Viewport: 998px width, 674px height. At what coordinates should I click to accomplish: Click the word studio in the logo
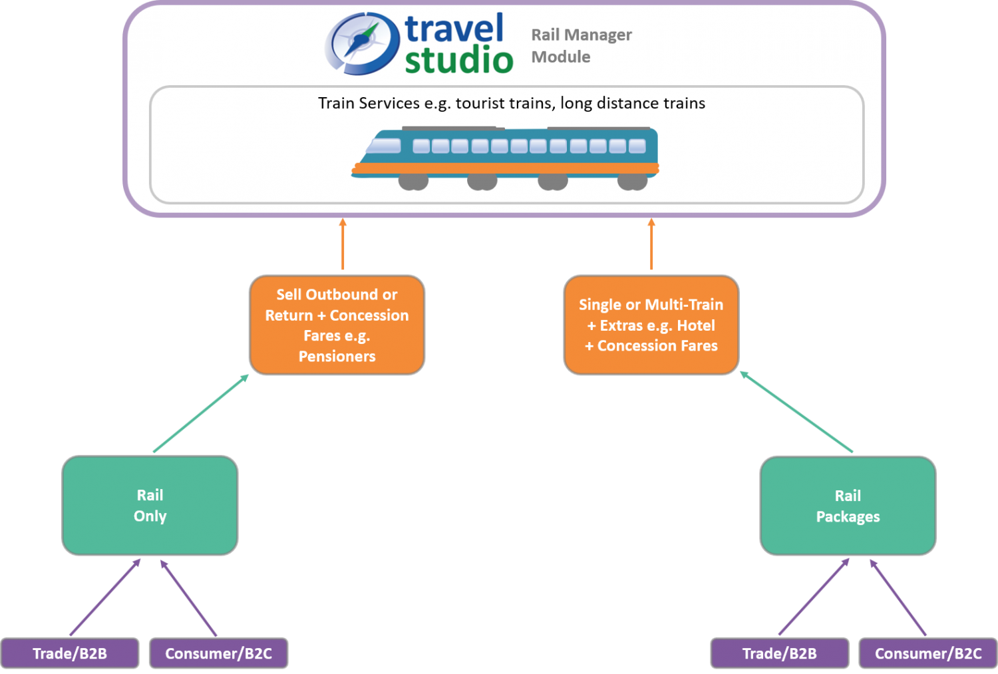pyautogui.click(x=458, y=61)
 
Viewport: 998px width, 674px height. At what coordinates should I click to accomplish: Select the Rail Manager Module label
pyautogui.click(x=581, y=45)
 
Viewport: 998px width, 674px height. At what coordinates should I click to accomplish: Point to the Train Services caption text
pyautogui.click(x=511, y=103)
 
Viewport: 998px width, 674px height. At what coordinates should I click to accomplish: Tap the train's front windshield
pyautogui.click(x=385, y=146)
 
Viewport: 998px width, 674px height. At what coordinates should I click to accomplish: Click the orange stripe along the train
pyautogui.click(x=506, y=169)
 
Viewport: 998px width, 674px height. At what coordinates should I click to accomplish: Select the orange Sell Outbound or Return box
pyautogui.click(x=337, y=325)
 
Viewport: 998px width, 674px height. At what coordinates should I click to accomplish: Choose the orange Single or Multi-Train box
pyautogui.click(x=651, y=325)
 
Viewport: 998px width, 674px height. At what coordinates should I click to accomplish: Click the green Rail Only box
pyautogui.click(x=150, y=505)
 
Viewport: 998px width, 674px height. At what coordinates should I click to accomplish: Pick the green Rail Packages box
pyautogui.click(x=848, y=506)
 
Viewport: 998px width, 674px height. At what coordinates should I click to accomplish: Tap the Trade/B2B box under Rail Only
pyautogui.click(x=70, y=653)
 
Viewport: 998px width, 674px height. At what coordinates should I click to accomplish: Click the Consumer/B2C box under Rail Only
pyautogui.click(x=218, y=653)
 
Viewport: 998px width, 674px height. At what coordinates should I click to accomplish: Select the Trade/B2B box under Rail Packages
pyautogui.click(x=779, y=653)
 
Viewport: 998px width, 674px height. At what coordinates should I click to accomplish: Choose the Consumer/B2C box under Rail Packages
pyautogui.click(x=927, y=653)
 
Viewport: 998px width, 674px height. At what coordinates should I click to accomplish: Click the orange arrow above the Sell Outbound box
pyautogui.click(x=343, y=244)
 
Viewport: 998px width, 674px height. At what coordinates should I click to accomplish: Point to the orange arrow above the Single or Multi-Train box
pyautogui.click(x=651, y=244)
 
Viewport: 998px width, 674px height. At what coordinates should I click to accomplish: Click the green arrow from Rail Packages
pyautogui.click(x=796, y=413)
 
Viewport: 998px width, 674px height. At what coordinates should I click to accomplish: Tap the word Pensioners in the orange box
pyautogui.click(x=337, y=357)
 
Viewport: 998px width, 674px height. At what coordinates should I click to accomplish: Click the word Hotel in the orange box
pyautogui.click(x=695, y=325)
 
